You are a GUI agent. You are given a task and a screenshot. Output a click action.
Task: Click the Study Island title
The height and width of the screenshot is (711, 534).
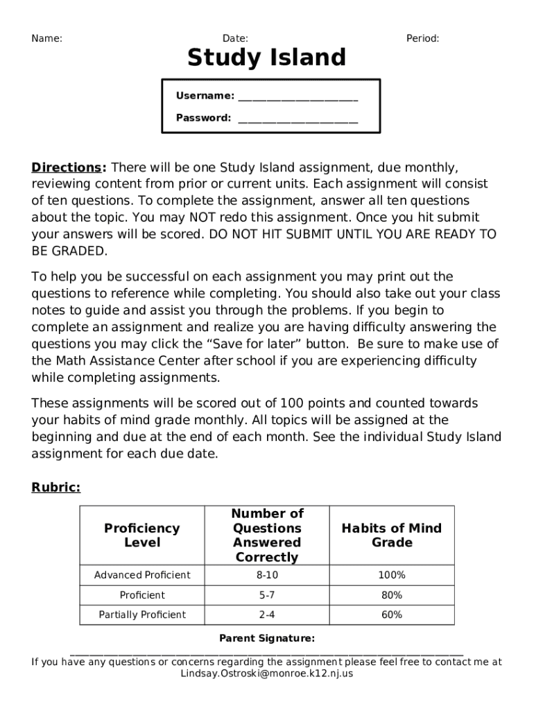coord(266,58)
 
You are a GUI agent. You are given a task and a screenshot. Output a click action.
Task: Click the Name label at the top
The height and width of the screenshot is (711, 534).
coord(47,39)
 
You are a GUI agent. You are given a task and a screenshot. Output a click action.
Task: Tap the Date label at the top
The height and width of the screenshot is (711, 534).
coord(235,39)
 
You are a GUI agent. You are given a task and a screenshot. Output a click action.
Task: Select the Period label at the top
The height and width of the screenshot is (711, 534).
coord(422,39)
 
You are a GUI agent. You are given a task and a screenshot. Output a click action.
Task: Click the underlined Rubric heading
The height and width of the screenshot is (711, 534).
coord(56,487)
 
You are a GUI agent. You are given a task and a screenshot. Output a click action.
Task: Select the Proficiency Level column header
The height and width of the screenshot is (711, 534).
coord(141,535)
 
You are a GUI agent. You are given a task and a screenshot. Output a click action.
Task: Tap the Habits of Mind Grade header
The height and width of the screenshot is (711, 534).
coord(392,535)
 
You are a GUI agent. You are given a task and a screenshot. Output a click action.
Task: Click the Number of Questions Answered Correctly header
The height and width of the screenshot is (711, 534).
coord(267,535)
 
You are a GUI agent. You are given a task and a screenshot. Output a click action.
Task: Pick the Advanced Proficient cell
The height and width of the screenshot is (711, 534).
coord(142,575)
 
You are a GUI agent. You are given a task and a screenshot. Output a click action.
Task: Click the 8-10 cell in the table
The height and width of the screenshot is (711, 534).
coord(267,575)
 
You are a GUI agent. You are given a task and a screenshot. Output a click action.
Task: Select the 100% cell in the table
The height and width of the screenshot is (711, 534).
coord(392,575)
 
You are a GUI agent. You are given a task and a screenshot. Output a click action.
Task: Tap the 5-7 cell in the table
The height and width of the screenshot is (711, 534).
coord(267,595)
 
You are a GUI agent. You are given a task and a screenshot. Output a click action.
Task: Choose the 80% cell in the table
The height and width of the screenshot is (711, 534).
coord(392,595)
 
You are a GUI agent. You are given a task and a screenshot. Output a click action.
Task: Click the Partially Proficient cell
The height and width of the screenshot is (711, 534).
coord(142,614)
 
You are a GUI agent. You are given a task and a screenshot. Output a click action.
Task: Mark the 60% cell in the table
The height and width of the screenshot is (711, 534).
coord(392,614)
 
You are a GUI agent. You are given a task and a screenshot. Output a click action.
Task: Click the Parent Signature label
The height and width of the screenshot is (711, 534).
coord(267,638)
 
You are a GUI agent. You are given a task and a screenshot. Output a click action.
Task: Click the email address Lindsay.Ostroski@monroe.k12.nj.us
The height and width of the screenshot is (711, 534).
coord(267,674)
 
